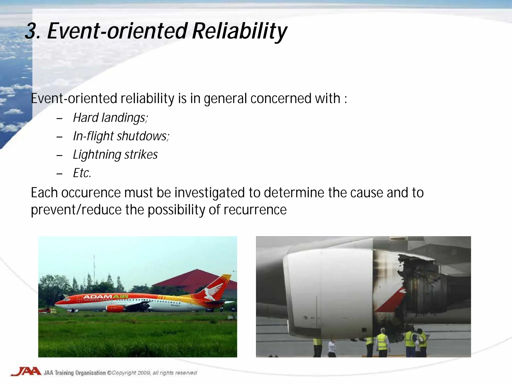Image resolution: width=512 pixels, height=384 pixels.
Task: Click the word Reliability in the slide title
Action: pyautogui.click(x=239, y=31)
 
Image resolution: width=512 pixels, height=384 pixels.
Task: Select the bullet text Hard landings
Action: pyautogui.click(x=110, y=117)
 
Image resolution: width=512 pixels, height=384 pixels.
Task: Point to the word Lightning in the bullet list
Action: pyautogui.click(x=97, y=155)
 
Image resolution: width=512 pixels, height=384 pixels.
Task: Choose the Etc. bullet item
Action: pyautogui.click(x=82, y=173)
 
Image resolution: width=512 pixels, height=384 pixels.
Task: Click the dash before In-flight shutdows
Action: pyautogui.click(x=59, y=137)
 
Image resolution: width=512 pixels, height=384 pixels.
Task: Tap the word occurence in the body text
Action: pyautogui.click(x=91, y=193)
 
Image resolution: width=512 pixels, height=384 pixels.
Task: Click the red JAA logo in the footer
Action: pyautogui.click(x=26, y=371)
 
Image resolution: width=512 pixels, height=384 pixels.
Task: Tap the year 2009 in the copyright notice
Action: pyautogui.click(x=143, y=373)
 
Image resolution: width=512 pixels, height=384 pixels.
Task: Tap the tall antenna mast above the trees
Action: pyautogui.click(x=94, y=265)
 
